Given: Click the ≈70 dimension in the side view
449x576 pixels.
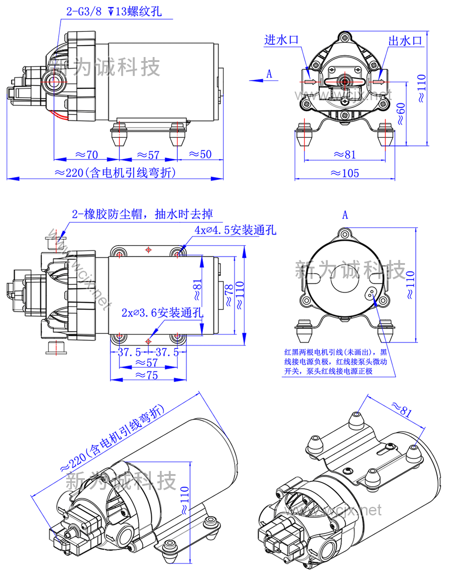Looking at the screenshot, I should [86, 155].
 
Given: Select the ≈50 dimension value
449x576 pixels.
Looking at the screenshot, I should [200, 154].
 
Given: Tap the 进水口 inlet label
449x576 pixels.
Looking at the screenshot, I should [282, 40].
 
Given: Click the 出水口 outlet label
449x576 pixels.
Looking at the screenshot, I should [405, 40].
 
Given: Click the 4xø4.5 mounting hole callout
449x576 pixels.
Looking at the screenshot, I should [235, 230].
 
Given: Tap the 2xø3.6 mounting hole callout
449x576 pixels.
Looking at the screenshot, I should [162, 312].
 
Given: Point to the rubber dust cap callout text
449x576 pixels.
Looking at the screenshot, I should [142, 214].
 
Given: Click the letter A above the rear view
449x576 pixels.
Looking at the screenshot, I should [345, 215].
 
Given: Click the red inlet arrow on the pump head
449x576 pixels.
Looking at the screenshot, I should [310, 82].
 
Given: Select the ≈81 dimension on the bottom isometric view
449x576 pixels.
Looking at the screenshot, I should [401, 409].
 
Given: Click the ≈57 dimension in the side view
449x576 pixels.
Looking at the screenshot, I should [148, 155].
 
